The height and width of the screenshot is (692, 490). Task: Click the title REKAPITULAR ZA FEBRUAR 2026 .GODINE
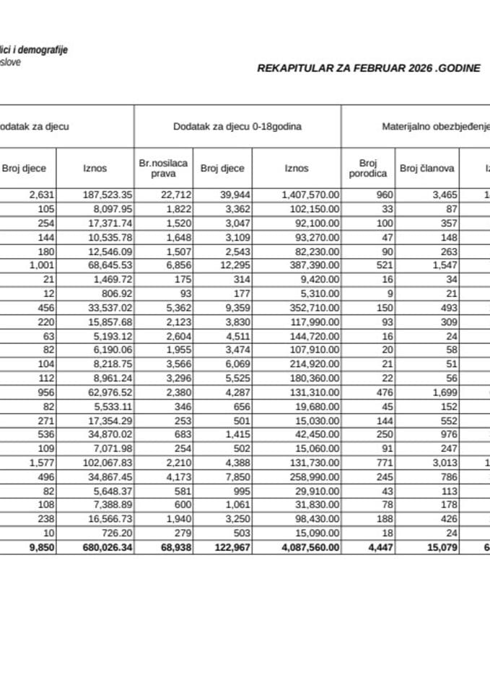(369, 69)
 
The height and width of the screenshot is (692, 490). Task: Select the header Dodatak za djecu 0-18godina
(237, 126)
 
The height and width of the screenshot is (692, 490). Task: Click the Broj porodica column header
(368, 169)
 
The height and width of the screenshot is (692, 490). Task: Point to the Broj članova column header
(426, 169)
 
